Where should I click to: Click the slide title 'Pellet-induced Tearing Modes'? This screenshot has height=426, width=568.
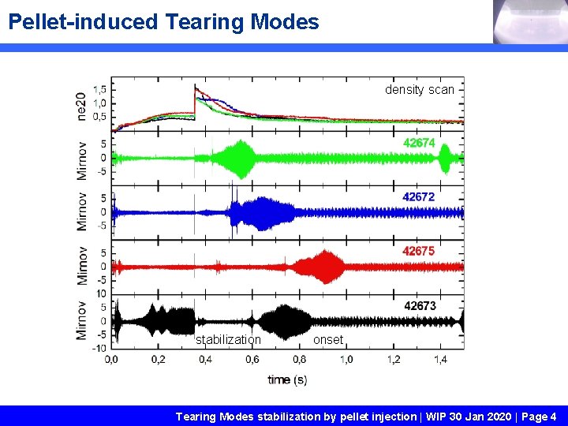[163, 21]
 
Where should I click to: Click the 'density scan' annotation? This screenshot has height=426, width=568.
[419, 90]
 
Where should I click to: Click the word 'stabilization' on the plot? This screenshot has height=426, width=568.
[228, 340]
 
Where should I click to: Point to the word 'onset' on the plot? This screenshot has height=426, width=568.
[328, 340]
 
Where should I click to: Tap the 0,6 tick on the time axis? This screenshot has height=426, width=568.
[252, 360]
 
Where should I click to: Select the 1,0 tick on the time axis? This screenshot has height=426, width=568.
[346, 360]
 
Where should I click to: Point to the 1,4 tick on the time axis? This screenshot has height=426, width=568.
[440, 360]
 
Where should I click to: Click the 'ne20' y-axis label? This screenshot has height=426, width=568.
[81, 106]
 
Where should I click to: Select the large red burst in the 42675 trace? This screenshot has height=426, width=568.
[323, 267]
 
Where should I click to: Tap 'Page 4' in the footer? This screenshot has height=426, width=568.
[538, 416]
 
